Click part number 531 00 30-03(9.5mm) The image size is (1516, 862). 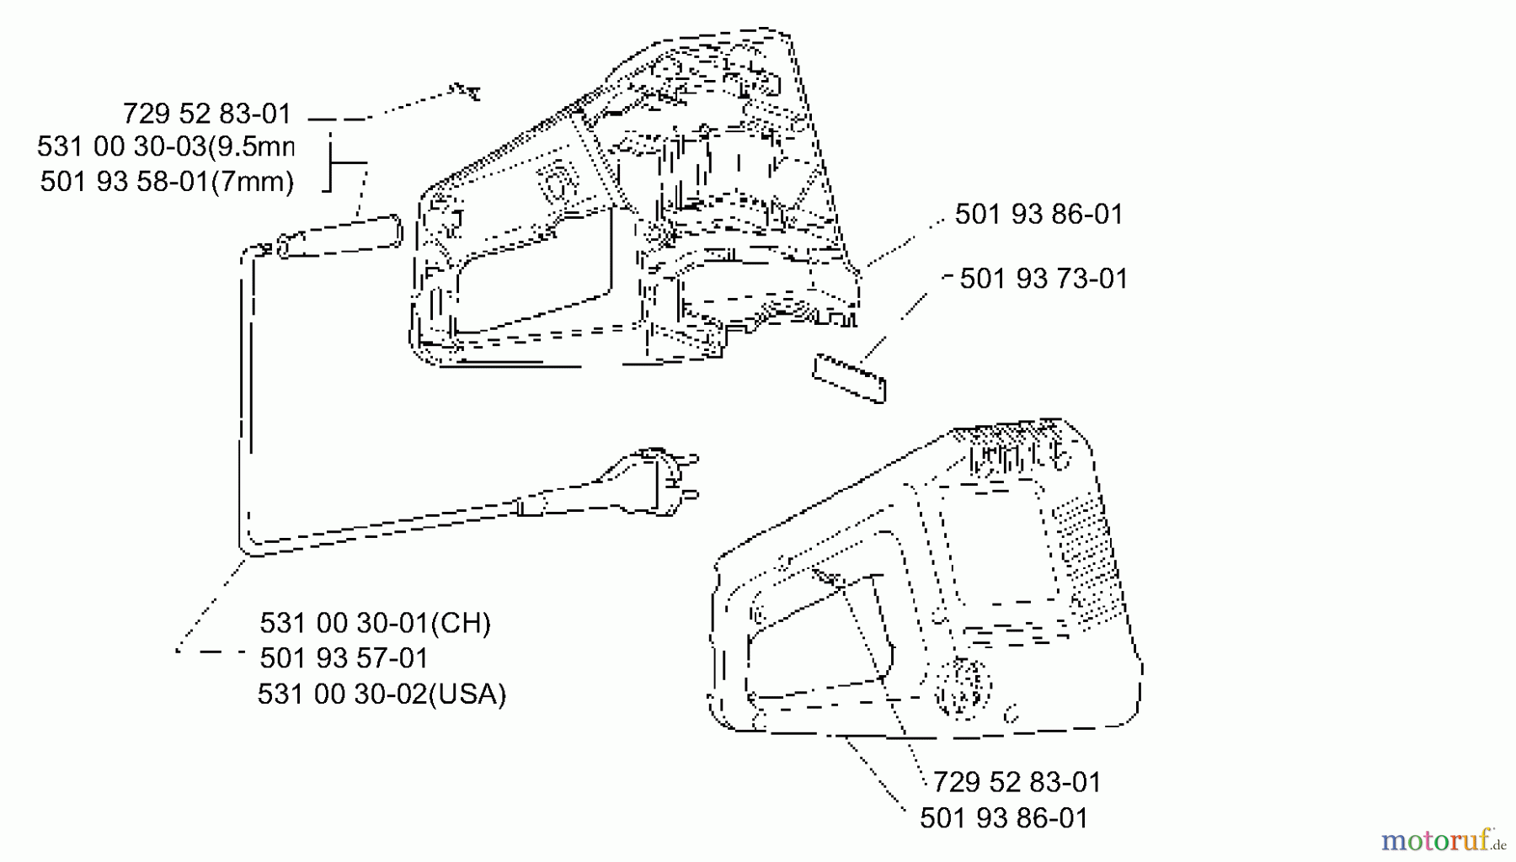[165, 146]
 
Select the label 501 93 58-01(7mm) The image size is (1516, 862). [167, 181]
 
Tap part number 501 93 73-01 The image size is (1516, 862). [1044, 279]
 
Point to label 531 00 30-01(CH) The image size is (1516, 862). [375, 623]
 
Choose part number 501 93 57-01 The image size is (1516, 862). [344, 657]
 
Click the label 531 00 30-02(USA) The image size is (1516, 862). [382, 694]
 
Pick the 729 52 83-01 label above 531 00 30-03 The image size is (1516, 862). [207, 114]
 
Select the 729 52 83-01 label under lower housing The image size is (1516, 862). [1017, 782]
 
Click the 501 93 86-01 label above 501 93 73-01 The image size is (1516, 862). [1039, 214]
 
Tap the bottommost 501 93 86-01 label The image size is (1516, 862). [1004, 817]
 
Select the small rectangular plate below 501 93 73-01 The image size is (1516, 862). [849, 378]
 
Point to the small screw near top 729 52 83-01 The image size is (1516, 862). [467, 90]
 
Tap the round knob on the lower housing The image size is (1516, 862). [964, 689]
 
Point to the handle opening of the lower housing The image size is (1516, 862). [821, 640]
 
